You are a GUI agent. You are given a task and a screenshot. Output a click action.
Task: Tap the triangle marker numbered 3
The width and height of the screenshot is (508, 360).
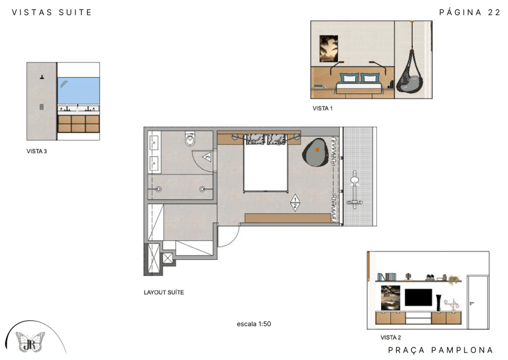click(x=207, y=157)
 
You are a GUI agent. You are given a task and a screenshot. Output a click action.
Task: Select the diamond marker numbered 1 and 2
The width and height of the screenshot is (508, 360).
click(x=295, y=203)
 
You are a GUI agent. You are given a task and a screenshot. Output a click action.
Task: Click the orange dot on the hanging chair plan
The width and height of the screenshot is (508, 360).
click(x=317, y=150)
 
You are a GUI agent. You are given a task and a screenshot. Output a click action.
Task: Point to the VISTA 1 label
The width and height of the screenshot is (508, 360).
click(x=322, y=108)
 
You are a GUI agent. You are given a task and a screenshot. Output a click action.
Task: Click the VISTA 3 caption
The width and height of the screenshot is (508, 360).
click(x=37, y=151)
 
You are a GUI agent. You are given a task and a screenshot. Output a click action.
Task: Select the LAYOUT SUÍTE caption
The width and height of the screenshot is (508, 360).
click(x=164, y=292)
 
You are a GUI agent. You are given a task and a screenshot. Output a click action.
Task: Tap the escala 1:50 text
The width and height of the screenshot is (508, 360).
click(x=254, y=324)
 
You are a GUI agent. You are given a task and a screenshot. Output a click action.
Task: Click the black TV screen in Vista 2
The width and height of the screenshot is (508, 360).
click(x=418, y=297)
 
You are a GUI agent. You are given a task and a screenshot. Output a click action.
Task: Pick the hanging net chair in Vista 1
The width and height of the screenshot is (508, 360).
click(x=410, y=73)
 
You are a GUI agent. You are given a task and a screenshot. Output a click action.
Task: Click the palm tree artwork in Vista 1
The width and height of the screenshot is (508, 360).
click(x=328, y=49)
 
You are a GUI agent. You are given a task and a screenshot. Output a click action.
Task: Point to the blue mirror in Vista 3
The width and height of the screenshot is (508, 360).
click(x=78, y=91)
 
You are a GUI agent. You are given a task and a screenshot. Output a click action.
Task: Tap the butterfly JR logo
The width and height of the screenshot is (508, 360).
click(x=30, y=342)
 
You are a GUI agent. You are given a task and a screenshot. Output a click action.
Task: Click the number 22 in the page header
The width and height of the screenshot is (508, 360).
click(x=494, y=12)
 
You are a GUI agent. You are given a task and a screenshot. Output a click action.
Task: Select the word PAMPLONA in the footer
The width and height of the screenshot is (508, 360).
click(x=462, y=350)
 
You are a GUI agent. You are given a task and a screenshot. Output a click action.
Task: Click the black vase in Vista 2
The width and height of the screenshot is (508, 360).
click(x=439, y=303)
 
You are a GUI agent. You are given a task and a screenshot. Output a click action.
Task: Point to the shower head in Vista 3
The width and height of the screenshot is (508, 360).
click(x=42, y=77)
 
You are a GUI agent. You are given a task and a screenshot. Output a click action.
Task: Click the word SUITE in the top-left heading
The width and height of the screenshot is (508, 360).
click(x=75, y=12)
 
